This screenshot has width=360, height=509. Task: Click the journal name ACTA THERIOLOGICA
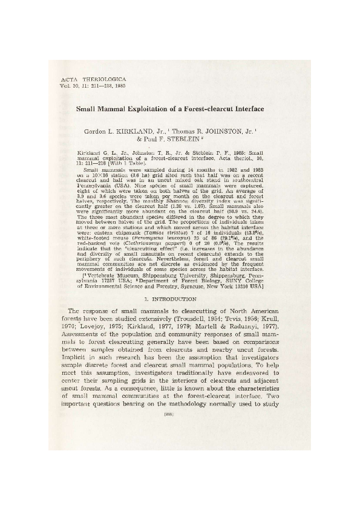(x=87, y=79)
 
